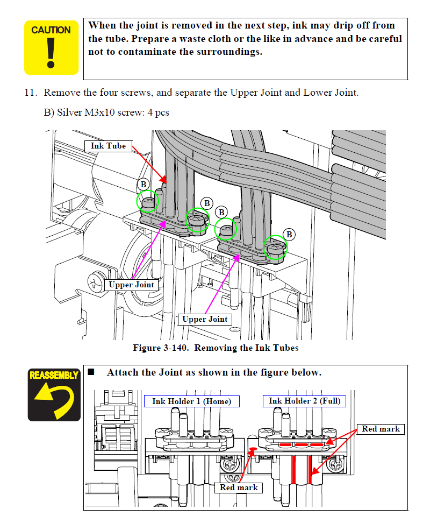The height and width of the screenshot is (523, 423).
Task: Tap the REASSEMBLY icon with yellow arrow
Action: coord(54,393)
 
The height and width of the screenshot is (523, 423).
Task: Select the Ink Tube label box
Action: coord(108,146)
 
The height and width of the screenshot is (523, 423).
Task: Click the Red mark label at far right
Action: coord(381,429)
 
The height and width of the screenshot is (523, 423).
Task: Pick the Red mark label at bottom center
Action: coord(239,487)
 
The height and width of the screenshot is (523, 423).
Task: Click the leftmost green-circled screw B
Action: coord(148,202)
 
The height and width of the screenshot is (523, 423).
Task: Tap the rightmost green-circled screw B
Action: coord(275,248)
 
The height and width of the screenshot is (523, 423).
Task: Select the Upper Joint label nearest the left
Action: coord(132,285)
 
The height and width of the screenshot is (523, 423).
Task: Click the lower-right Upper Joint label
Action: coord(205,319)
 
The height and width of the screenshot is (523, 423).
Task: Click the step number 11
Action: coord(30,93)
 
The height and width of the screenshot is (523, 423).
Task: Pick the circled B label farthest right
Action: coord(289,234)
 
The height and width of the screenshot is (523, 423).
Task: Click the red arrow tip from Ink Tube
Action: coord(166,182)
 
